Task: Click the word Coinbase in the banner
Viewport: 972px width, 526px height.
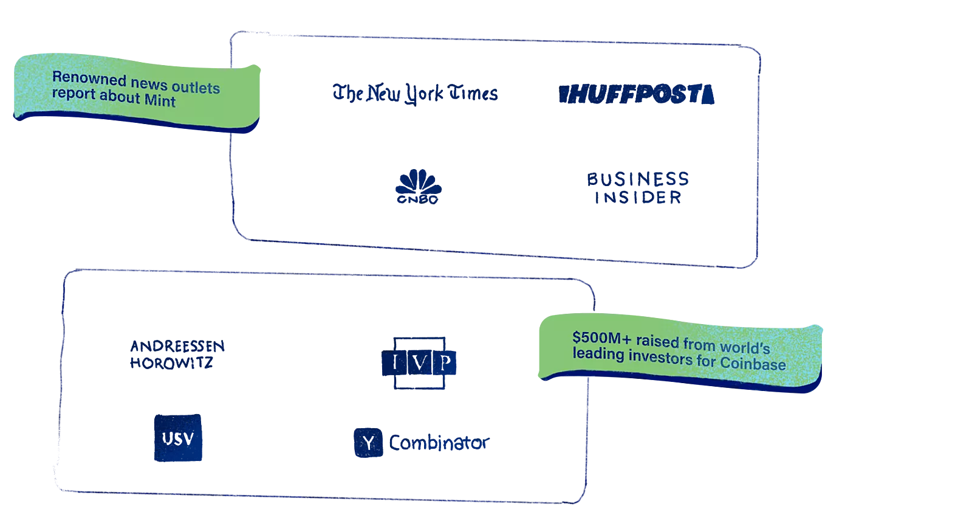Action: [753, 364]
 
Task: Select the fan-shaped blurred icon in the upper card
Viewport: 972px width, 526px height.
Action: [417, 185]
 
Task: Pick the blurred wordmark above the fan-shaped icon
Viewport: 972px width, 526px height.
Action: [415, 94]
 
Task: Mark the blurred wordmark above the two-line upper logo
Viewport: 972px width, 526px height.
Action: [636, 95]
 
